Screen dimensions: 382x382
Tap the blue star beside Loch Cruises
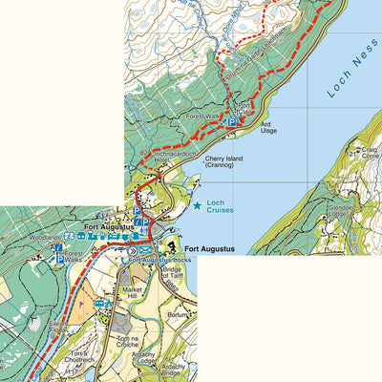198,204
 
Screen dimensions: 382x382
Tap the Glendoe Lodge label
341,209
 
